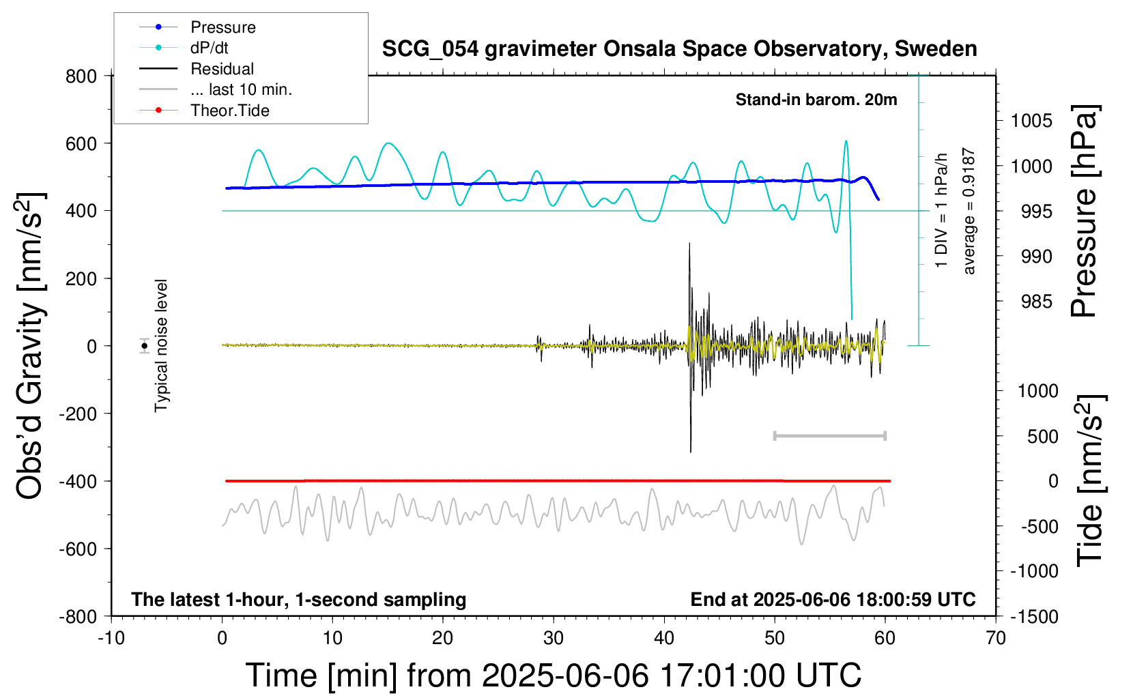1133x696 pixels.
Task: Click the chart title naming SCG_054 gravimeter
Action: [679, 49]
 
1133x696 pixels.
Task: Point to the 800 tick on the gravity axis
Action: [81, 76]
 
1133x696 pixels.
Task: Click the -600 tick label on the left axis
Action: [78, 549]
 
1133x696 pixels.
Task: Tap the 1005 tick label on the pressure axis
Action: [1031, 121]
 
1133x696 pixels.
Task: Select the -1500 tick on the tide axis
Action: [1034, 617]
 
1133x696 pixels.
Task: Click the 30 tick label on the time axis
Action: [554, 638]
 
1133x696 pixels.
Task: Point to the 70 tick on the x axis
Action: [995, 638]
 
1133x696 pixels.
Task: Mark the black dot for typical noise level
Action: [145, 346]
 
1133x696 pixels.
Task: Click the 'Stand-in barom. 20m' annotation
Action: [816, 100]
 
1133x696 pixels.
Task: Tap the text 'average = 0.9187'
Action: [969, 211]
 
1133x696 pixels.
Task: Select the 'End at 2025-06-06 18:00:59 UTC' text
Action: [833, 599]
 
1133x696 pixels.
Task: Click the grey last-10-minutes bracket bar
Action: [830, 435]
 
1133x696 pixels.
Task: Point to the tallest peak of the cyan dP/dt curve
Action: [846, 141]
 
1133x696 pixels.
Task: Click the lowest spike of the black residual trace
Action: [691, 451]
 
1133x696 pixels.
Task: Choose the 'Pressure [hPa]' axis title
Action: [1085, 211]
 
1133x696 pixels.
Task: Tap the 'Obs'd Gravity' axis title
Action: [30, 346]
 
